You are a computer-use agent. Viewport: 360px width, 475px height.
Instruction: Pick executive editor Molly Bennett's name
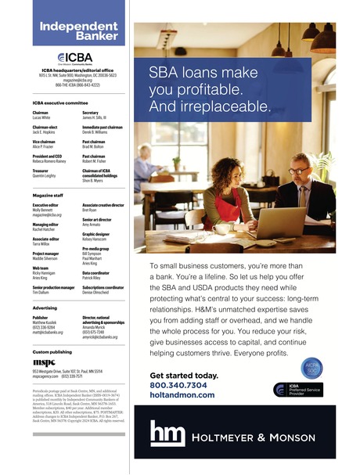pos(45,209)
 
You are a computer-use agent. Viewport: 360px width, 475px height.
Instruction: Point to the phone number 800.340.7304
pos(178,385)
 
